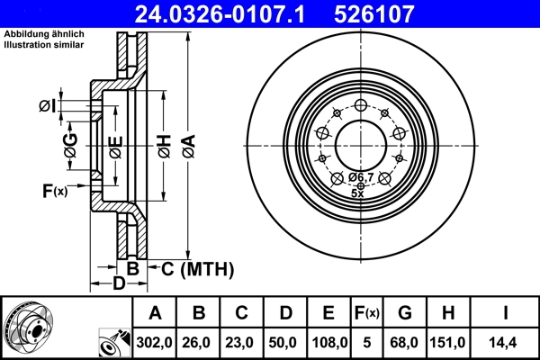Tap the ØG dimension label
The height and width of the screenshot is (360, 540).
[x=70, y=141]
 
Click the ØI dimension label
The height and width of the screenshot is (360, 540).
[x=47, y=107]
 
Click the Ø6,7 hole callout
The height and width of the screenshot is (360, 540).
[x=361, y=177]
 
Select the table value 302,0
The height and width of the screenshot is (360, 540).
[x=155, y=342]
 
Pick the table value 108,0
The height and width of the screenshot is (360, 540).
[x=328, y=342]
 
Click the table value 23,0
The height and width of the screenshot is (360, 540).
[x=241, y=342]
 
